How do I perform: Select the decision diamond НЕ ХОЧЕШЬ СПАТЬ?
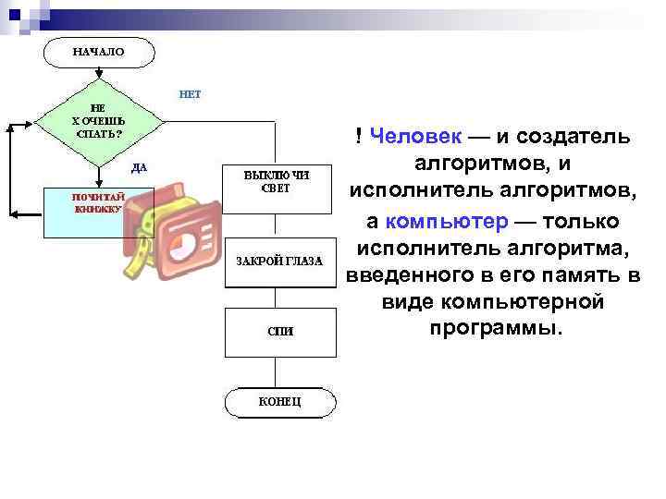(98, 121)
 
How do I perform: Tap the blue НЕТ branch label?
(190, 94)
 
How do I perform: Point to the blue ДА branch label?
(139, 167)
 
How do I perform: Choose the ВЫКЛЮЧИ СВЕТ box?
(277, 181)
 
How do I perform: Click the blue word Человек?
(414, 137)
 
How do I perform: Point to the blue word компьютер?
(446, 223)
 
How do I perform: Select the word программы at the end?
(495, 329)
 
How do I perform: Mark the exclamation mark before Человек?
(358, 137)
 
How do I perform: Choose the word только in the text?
(580, 223)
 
